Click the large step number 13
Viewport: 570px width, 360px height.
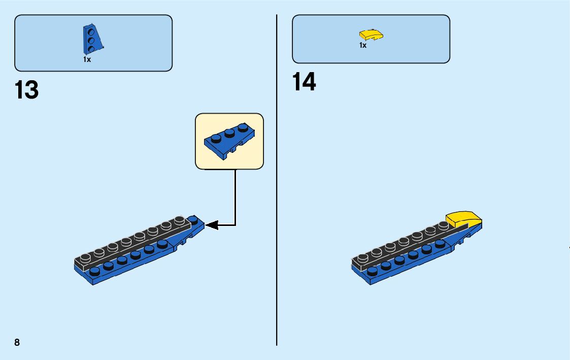(x=27, y=90)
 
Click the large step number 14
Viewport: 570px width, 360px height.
(x=304, y=82)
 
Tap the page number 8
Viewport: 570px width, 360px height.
(x=17, y=342)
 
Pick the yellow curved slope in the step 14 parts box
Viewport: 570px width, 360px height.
(x=371, y=35)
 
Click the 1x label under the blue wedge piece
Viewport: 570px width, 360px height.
(x=87, y=59)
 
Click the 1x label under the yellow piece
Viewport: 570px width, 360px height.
(x=362, y=45)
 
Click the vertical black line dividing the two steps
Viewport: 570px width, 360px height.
(x=277, y=178)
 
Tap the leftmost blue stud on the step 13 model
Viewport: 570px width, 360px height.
(x=94, y=270)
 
